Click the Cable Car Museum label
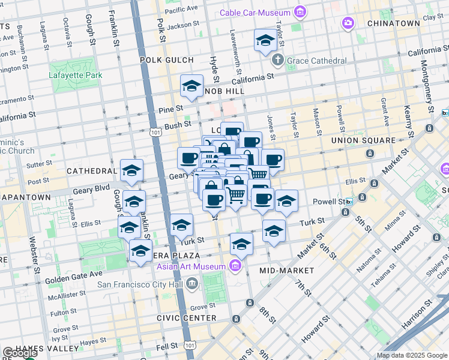coord(255,13)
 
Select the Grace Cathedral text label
coord(317,61)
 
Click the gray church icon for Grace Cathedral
coord(277,60)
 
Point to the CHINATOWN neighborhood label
coord(394,23)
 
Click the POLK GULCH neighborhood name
coord(166,60)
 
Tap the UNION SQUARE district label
coord(363,140)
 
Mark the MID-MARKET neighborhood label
coord(283,271)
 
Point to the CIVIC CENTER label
coord(178,318)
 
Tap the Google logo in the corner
coord(19,353)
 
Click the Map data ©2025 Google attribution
coord(411,355)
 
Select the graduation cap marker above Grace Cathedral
coord(265,41)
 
